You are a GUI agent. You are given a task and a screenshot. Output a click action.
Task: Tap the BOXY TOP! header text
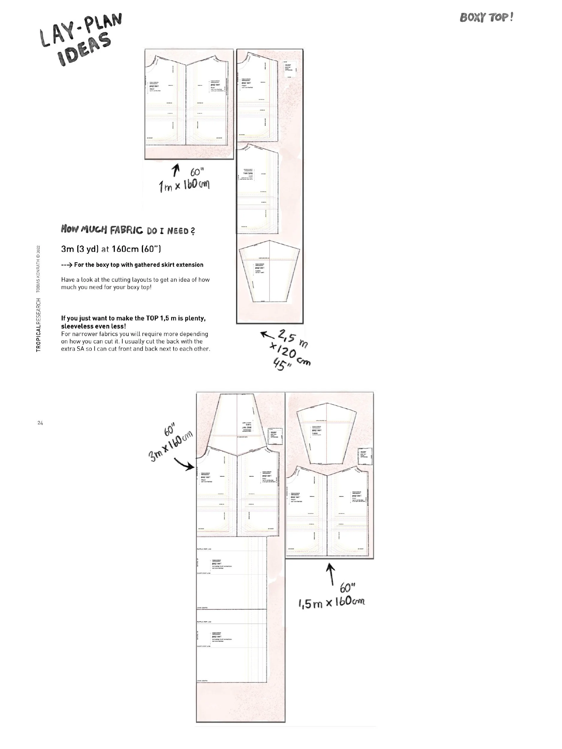point(486,17)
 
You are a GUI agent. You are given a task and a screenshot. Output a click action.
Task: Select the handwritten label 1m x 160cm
point(185,185)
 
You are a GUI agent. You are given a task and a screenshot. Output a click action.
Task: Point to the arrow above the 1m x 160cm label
point(175,170)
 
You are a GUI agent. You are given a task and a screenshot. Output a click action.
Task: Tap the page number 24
point(40,423)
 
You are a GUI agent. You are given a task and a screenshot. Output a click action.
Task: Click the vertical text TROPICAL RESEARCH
point(39,325)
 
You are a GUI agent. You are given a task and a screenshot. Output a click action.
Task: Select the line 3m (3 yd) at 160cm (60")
point(111,249)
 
